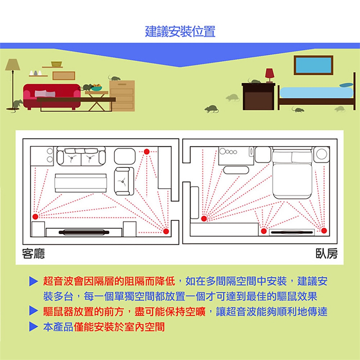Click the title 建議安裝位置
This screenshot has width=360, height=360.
point(180,31)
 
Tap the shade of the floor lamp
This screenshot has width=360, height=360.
point(12,64)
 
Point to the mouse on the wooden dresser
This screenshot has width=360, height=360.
point(115,78)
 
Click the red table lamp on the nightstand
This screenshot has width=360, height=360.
point(269,74)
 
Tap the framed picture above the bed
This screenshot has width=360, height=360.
point(313,65)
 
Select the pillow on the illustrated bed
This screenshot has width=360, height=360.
point(346,85)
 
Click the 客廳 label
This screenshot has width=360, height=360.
point(33,254)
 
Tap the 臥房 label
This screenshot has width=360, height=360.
point(326,254)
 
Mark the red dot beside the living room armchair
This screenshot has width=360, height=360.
point(147,151)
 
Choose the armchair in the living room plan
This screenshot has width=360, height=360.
point(123,181)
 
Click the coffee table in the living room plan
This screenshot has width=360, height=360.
point(81,183)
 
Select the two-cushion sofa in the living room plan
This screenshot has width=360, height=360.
point(81,157)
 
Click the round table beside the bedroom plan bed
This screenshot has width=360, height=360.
point(322,154)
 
